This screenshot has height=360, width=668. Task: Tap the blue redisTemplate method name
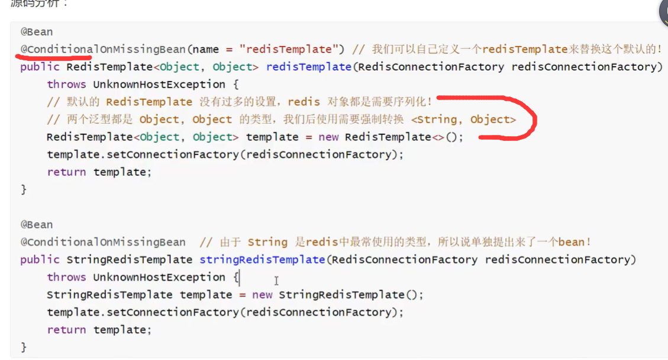point(308,67)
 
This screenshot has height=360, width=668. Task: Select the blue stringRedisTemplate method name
point(262,259)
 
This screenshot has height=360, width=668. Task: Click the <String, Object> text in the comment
point(463,120)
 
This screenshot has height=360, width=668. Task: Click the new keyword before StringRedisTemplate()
point(262,294)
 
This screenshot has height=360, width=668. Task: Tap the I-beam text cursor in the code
point(276,281)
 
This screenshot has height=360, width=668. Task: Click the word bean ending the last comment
point(571,242)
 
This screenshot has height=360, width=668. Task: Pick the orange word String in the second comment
point(267,242)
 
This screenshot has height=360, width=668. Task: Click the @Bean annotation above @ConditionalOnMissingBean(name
point(37,32)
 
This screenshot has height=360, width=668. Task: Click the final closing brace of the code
point(24,346)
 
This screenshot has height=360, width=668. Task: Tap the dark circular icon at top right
point(664,10)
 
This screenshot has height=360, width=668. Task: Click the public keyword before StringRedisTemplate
point(40,259)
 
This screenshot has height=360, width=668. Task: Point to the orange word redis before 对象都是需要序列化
point(304,102)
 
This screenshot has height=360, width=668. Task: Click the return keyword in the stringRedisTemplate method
point(67,329)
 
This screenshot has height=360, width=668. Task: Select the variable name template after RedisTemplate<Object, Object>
point(272,137)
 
